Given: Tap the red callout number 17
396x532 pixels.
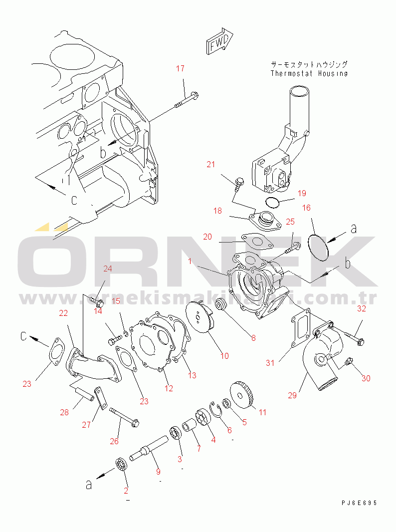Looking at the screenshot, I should (181, 68).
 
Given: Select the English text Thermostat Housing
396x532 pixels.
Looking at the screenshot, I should (309, 73).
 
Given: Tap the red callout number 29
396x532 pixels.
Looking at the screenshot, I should (292, 395).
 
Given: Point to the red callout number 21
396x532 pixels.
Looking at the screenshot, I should (211, 164).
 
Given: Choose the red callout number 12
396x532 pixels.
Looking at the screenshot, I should (169, 387).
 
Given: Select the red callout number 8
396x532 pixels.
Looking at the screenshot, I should (253, 338).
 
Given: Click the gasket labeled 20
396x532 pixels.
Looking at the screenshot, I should (257, 242).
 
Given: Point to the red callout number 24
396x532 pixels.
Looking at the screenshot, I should (108, 268).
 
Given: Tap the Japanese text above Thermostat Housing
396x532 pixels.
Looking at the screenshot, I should (309, 64).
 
